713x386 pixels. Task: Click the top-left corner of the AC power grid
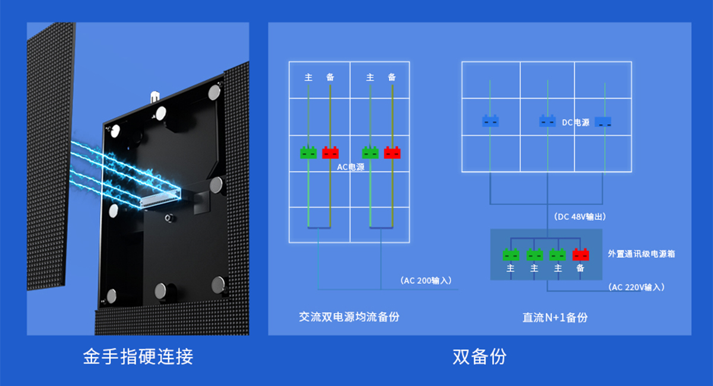(x=289, y=62)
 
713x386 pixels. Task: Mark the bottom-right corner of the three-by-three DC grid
(x=631, y=172)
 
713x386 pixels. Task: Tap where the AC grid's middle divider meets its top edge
(x=350, y=62)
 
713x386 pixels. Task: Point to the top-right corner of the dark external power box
(x=602, y=229)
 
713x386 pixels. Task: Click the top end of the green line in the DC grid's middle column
(x=547, y=80)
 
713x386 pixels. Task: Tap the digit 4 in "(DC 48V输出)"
(x=573, y=217)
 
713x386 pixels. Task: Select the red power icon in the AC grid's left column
(x=330, y=153)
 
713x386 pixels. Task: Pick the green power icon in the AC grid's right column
(x=370, y=153)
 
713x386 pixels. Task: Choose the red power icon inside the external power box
(x=581, y=255)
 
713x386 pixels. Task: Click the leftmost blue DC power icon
(x=490, y=121)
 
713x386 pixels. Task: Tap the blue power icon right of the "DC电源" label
(x=603, y=122)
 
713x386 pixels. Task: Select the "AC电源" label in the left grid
(x=351, y=167)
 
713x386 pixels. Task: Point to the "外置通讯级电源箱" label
(x=641, y=254)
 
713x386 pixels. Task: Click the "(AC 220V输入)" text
(x=636, y=287)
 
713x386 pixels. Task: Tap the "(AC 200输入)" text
(x=426, y=281)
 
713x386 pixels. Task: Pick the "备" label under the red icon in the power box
(x=581, y=268)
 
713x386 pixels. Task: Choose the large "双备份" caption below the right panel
(x=479, y=356)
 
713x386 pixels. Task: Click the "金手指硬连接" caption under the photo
(x=138, y=356)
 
